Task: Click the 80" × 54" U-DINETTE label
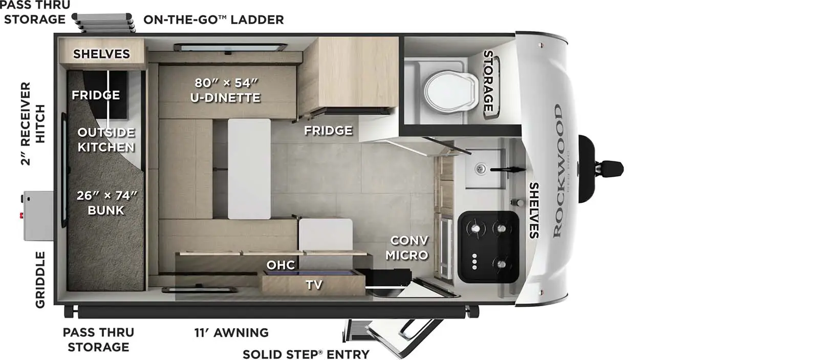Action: pos(225,90)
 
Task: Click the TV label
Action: pos(314,284)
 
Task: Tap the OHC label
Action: pos(281,265)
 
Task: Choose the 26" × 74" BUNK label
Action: pos(106,202)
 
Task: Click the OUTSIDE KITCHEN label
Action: pos(106,139)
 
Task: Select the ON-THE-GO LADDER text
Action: pos(213,19)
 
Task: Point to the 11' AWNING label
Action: pos(231,332)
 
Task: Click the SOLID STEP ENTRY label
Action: pos(306,354)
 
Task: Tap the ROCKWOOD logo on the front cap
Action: pos(557,171)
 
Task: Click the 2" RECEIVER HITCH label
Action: pos(33,123)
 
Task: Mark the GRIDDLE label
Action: pos(40,280)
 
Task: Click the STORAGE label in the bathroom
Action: pos(488,81)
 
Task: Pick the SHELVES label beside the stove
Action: pos(534,210)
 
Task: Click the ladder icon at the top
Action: pos(103,23)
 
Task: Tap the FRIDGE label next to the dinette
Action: pos(328,130)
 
